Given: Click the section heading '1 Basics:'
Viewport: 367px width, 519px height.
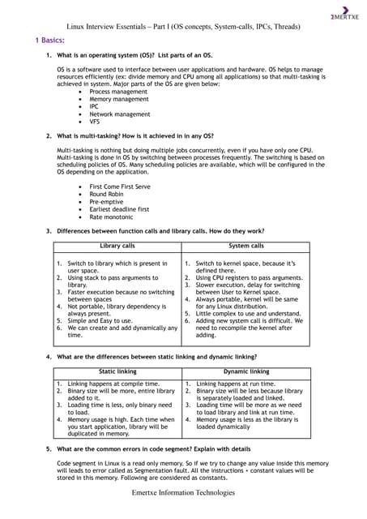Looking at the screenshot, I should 49,39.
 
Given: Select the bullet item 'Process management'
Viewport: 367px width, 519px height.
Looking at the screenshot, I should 118,92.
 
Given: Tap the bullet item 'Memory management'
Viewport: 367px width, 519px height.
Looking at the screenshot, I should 119,100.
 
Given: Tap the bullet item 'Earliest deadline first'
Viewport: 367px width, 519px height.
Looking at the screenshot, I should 124,210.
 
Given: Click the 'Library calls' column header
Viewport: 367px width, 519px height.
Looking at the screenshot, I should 117,245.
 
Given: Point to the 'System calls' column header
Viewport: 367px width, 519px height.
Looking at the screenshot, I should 246,245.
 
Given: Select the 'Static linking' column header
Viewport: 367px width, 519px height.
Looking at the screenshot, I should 117,371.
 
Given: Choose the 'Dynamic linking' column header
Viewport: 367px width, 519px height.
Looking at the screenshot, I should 246,371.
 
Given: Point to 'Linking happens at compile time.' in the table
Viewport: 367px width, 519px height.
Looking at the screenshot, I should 113,383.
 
